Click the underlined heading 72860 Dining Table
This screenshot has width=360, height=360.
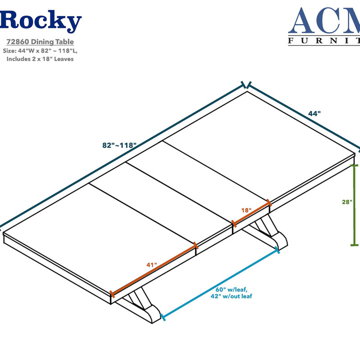(x=40, y=42)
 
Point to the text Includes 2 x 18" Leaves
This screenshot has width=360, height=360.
(x=40, y=59)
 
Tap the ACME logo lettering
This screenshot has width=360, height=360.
(x=324, y=21)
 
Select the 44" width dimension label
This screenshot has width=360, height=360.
(x=314, y=113)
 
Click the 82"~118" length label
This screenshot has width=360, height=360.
(x=119, y=145)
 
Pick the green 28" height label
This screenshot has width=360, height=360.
(x=347, y=202)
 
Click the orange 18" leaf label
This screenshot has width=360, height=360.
(x=246, y=210)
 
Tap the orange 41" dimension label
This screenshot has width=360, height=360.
(x=152, y=265)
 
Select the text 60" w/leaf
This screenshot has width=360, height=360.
(x=231, y=289)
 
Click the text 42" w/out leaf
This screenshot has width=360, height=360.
(x=231, y=296)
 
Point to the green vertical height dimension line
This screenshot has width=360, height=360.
(x=355, y=205)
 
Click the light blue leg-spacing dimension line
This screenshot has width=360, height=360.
(x=220, y=283)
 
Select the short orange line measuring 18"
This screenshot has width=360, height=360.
(x=252, y=213)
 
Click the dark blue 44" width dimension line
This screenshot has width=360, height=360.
(x=303, y=117)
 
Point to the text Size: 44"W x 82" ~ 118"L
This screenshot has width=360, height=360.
(x=40, y=51)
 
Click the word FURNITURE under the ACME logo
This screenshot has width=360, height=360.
(x=324, y=40)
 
